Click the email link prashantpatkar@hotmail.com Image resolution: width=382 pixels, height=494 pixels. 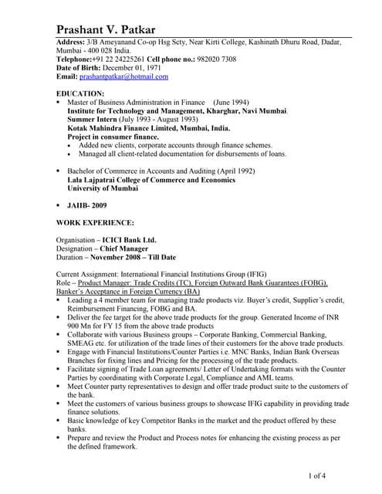[x=125, y=76]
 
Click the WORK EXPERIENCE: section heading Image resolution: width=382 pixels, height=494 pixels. [x=96, y=222]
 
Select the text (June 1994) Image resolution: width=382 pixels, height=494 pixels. [x=231, y=102]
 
